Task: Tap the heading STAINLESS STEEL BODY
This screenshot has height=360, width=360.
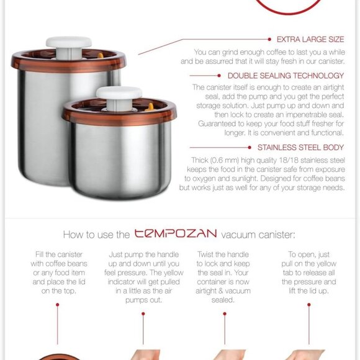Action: (300, 148)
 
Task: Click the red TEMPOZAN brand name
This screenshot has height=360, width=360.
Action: (176, 233)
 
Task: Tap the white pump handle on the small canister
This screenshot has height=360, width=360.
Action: (119, 94)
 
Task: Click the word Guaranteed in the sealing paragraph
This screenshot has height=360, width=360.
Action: (217, 123)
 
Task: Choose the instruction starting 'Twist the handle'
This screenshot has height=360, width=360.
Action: (223, 277)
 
